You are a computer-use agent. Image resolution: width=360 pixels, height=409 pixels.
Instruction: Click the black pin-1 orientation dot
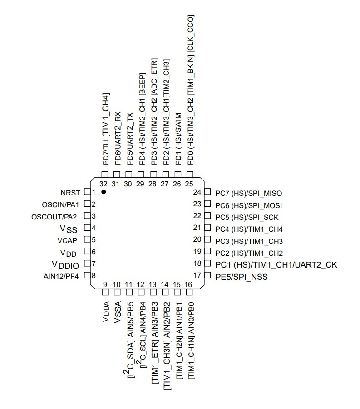[x=104, y=192]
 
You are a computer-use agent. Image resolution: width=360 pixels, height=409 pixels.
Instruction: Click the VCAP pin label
[x=69, y=240]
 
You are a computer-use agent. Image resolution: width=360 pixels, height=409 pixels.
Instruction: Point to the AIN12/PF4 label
[x=62, y=276]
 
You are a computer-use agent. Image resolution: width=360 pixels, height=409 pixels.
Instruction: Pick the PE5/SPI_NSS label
[x=242, y=276]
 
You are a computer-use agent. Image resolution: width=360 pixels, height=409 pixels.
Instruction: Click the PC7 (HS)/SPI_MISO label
[x=249, y=193]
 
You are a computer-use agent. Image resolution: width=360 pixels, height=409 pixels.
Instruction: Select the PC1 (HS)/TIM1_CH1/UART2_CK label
[x=276, y=264]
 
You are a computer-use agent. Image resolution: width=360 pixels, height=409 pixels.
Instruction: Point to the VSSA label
[x=118, y=312]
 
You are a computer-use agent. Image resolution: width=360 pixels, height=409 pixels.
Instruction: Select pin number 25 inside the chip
[x=189, y=184]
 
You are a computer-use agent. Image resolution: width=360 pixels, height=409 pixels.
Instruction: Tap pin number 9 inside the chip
[x=105, y=285]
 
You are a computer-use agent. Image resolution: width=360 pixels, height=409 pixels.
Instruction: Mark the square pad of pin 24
[x=207, y=192]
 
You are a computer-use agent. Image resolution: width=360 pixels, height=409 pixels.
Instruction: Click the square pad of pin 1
[x=87, y=192]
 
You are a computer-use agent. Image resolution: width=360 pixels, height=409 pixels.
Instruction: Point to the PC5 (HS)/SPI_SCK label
[x=247, y=217]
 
